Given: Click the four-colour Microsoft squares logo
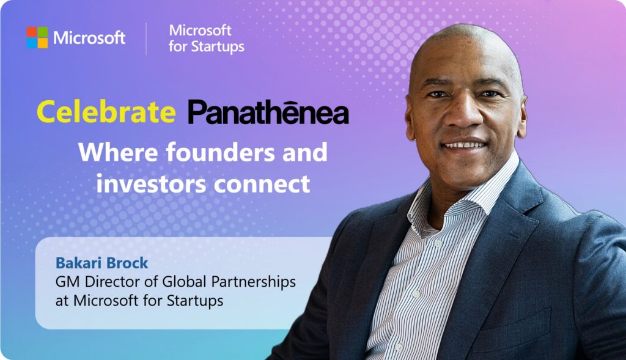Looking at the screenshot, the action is tap(37, 37).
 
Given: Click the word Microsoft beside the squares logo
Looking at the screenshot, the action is tap(89, 38).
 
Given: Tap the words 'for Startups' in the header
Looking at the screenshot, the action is tap(207, 46).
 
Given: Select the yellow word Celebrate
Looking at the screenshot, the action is tap(106, 111).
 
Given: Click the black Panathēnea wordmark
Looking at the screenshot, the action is tap(268, 111).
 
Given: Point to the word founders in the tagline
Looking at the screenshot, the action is tap(220, 152).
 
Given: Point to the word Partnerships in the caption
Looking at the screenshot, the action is tap(254, 282).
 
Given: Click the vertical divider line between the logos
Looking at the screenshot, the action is tap(146, 39).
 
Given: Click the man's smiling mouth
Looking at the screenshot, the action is tap(465, 145).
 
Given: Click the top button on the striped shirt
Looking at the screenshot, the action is tap(438, 243).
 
